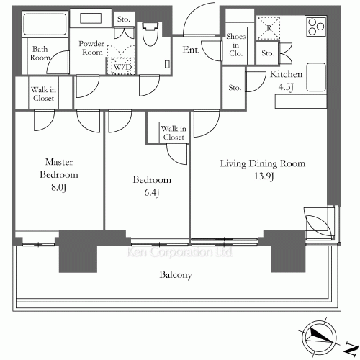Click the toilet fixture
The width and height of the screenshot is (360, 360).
[150, 34]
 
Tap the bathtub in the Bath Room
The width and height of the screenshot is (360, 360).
[45, 24]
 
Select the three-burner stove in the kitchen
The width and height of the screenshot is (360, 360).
[316, 27]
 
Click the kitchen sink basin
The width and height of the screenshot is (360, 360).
[316, 77]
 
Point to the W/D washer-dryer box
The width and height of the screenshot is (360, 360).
[121, 66]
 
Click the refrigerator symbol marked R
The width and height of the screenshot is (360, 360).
[269, 28]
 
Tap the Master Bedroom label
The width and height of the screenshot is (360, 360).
[59, 168]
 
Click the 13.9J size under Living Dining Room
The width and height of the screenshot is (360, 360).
[264, 176]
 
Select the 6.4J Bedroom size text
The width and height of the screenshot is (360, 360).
[152, 192]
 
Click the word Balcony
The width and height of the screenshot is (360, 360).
[176, 275]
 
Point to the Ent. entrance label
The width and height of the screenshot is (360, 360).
[191, 50]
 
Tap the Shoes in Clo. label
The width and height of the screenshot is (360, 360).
[235, 45]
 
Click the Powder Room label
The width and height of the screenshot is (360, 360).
[91, 48]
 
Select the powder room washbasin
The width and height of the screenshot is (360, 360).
[91, 18]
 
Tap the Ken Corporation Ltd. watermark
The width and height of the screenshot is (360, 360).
[179, 252]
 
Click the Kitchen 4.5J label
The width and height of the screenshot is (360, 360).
[286, 81]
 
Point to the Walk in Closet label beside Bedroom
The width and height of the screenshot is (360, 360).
[174, 132]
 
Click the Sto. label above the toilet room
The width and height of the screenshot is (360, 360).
[123, 19]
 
